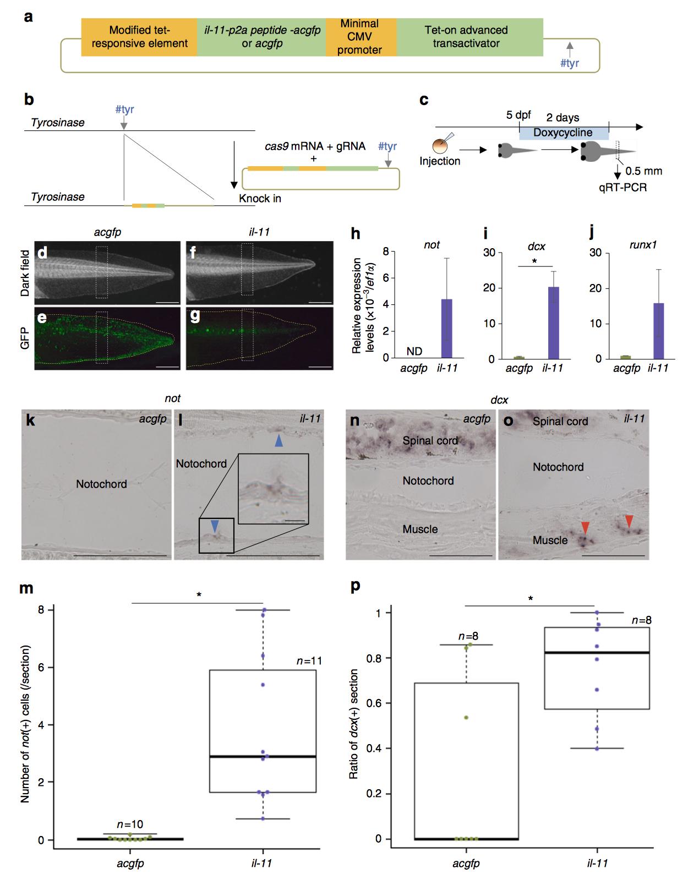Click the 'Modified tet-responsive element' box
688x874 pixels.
pyautogui.click(x=139, y=37)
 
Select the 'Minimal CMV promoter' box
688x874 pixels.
pyautogui.click(x=361, y=37)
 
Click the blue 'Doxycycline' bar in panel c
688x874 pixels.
pyautogui.click(x=564, y=133)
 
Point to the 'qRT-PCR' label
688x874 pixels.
pyautogui.click(x=623, y=188)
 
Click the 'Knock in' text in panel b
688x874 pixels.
pyautogui.click(x=260, y=198)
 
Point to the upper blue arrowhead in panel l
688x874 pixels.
pyautogui.click(x=279, y=440)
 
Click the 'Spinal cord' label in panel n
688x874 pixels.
pyautogui.click(x=430, y=440)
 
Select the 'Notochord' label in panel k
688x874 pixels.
pyautogui.click(x=101, y=484)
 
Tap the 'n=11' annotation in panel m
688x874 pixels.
pyautogui.click(x=309, y=660)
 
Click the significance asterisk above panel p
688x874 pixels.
pyautogui.click(x=531, y=598)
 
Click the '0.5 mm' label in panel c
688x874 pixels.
pyautogui.click(x=643, y=171)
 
